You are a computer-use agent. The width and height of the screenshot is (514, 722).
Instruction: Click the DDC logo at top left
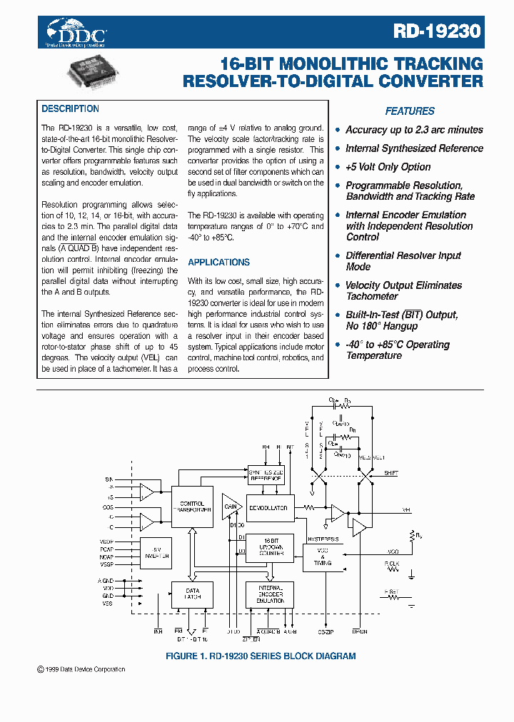(x=76, y=32)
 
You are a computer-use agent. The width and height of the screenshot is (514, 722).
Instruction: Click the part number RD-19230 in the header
(x=437, y=32)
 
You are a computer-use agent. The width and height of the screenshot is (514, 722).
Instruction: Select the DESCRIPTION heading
(x=70, y=109)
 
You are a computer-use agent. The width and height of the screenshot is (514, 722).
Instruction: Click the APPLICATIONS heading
(x=218, y=262)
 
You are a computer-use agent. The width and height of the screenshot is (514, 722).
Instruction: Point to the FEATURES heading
(x=410, y=111)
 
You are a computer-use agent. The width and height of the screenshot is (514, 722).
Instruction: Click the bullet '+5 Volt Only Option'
(x=388, y=167)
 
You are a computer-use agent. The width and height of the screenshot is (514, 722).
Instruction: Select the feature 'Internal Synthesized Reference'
(x=414, y=148)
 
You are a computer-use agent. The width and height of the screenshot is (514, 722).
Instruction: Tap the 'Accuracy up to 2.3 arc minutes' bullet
(x=414, y=130)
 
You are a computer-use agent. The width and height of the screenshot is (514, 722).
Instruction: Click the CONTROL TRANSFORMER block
(x=192, y=507)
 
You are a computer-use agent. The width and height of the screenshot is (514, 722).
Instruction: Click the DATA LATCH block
(x=192, y=594)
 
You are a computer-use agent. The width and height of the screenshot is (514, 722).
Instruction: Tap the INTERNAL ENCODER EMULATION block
(x=270, y=594)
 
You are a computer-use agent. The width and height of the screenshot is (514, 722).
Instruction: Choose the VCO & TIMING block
(x=322, y=558)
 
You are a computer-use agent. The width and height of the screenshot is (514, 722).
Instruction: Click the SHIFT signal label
(x=391, y=473)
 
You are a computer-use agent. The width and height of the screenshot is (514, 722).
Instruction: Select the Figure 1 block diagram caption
(x=261, y=656)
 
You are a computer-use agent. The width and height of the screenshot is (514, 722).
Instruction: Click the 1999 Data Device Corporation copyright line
(x=81, y=669)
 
